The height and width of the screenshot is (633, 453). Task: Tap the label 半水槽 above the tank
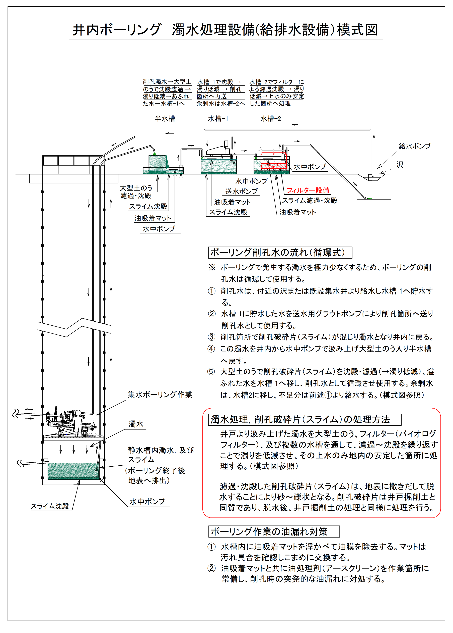click(x=165, y=119)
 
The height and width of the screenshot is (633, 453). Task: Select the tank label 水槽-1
click(x=218, y=119)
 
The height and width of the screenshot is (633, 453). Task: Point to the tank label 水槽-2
click(x=270, y=119)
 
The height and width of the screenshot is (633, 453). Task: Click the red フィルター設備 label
click(x=308, y=190)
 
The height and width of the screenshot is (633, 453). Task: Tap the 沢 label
click(x=400, y=165)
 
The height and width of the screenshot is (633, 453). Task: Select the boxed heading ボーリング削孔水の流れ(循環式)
click(x=280, y=253)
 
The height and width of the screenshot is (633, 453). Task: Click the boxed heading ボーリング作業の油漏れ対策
click(x=274, y=531)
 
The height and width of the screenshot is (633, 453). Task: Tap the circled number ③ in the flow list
click(x=212, y=337)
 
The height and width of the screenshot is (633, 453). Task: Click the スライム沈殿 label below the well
click(x=50, y=506)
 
